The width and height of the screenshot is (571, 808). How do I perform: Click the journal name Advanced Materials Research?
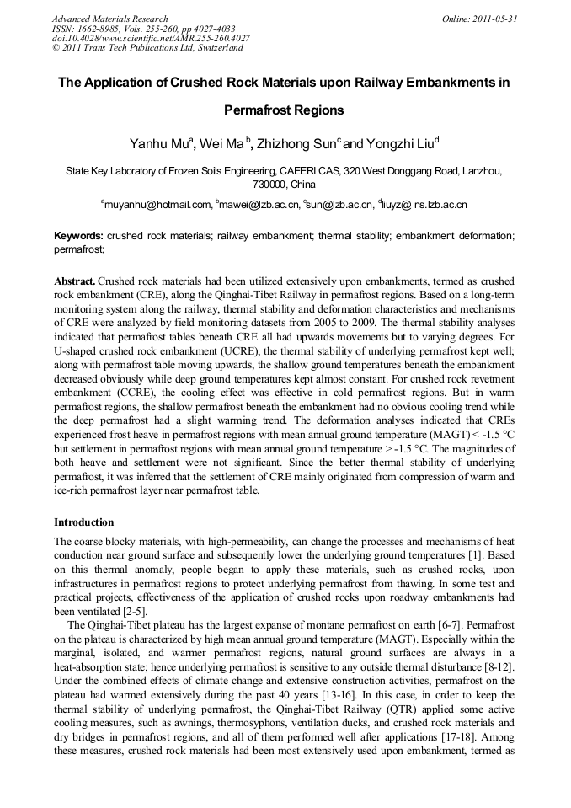point(109,19)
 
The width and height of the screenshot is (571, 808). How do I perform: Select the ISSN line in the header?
point(144,29)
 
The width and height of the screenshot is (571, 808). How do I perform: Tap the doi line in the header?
point(151,38)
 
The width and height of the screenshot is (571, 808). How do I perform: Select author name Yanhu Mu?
point(159,144)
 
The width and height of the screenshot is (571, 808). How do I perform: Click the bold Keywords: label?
point(79,237)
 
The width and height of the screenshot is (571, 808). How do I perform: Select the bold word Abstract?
point(75,280)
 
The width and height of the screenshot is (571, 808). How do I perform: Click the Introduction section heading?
point(84,522)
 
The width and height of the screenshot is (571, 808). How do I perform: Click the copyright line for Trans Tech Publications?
point(147,48)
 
